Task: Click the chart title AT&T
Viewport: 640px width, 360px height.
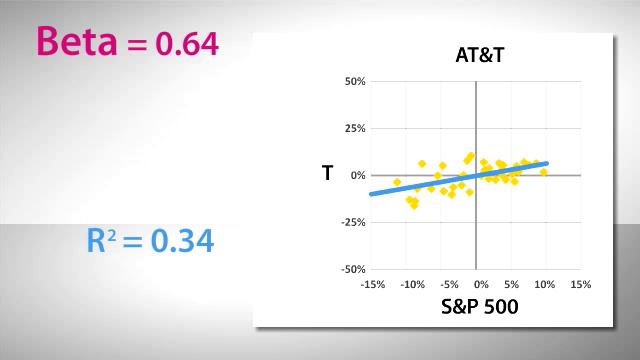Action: [x=474, y=55]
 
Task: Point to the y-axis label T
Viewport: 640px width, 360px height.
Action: [x=327, y=174]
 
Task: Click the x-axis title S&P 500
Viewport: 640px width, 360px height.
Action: [x=479, y=307]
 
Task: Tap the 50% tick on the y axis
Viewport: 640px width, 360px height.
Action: [x=355, y=81]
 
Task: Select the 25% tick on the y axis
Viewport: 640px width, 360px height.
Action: [x=355, y=128]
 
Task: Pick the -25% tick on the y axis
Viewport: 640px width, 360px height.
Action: [x=353, y=222]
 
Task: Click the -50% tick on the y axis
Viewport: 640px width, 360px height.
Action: [x=353, y=269]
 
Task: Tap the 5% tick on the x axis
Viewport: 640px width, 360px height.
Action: [x=512, y=284]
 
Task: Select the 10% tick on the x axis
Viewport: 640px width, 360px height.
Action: [x=545, y=284]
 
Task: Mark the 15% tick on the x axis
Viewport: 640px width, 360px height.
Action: [x=580, y=284]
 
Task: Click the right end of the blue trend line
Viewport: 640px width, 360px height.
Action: [x=546, y=163]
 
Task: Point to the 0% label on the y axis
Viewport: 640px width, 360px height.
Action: [x=358, y=175]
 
